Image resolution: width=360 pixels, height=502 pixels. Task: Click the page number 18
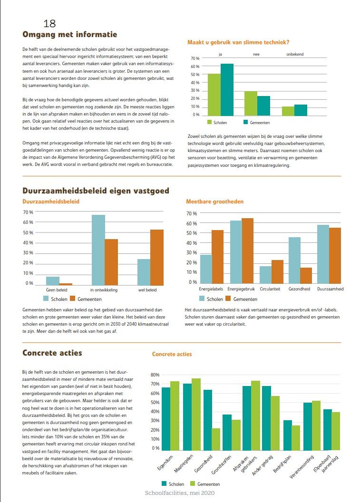point(49,23)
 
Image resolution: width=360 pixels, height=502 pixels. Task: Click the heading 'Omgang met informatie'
point(69,34)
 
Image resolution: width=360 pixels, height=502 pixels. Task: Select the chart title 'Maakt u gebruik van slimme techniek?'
point(238,43)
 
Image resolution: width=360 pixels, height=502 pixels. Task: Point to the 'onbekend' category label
point(294,54)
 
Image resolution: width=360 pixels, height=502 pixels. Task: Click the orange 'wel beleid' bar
point(157,257)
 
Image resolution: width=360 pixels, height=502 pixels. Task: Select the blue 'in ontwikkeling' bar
point(98,250)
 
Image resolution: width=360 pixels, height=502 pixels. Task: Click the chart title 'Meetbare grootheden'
point(214,202)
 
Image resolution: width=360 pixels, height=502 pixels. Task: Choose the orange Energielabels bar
point(217,257)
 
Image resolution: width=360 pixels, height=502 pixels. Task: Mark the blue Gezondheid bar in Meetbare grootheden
point(294,260)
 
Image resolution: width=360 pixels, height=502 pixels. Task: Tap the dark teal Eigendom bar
point(165,418)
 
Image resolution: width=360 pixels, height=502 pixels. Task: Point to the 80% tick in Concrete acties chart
point(155,375)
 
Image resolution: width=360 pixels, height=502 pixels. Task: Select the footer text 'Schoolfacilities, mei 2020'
point(180,493)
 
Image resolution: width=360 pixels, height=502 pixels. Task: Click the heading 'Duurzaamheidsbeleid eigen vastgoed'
point(96,191)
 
